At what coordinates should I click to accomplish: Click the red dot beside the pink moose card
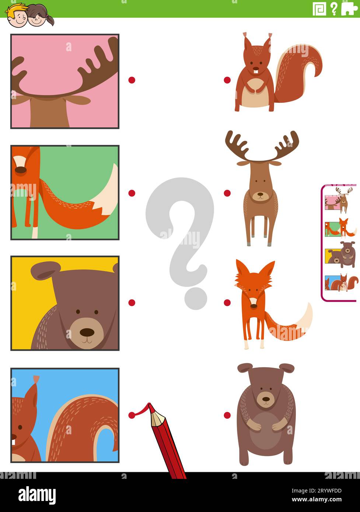point(132,80)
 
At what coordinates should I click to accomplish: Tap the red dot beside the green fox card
point(132,193)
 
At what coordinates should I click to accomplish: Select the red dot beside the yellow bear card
point(132,302)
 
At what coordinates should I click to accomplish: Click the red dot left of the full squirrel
point(227,80)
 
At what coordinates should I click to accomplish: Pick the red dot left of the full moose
point(227,193)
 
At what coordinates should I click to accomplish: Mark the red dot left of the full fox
point(227,302)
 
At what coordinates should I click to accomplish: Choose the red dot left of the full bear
point(227,415)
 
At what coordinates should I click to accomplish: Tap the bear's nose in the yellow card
point(87,332)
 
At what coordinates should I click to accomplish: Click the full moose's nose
point(261,194)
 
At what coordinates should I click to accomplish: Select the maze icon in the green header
point(319,8)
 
